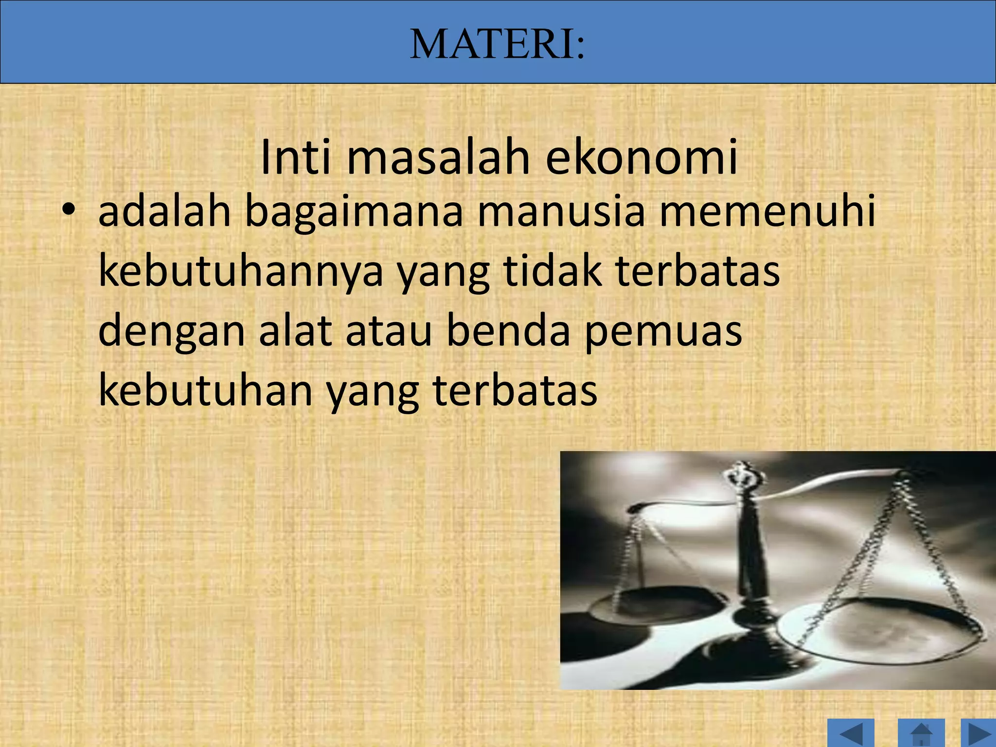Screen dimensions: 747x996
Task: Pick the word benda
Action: click(x=508, y=331)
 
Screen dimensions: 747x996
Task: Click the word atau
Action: click(x=389, y=331)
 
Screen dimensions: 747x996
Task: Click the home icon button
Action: click(x=921, y=734)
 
